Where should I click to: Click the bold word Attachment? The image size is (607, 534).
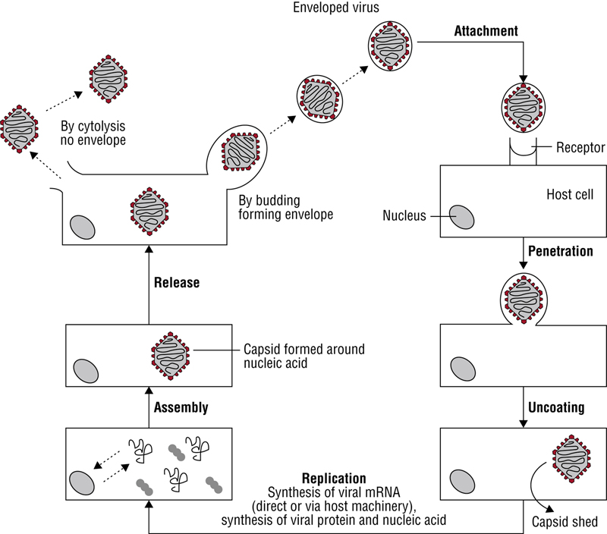pyautogui.click(x=486, y=32)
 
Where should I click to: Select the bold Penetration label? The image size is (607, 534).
pyautogui.click(x=560, y=251)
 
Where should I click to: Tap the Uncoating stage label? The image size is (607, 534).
pyautogui.click(x=557, y=407)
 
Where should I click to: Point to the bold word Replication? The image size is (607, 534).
pyautogui.click(x=335, y=479)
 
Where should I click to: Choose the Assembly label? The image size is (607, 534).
pyautogui.click(x=181, y=407)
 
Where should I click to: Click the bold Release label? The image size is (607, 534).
pyautogui.click(x=177, y=283)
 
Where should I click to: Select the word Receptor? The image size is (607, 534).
pyautogui.click(x=581, y=148)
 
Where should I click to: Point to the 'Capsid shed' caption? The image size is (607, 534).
pyautogui.click(x=565, y=521)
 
